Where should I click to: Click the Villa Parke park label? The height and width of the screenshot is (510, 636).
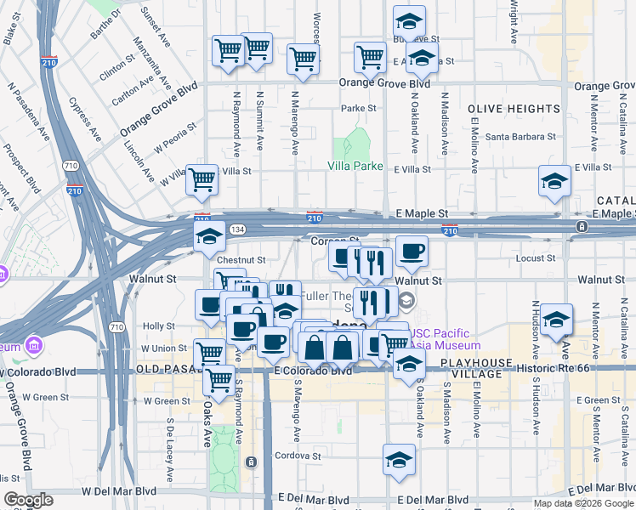(x=355, y=167)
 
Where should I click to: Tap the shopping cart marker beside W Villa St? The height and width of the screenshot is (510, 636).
(x=202, y=180)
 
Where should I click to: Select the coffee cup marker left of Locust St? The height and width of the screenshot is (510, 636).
(x=412, y=252)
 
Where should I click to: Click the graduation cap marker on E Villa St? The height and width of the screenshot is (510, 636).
(x=554, y=182)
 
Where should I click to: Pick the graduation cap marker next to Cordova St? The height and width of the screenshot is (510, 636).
(x=398, y=460)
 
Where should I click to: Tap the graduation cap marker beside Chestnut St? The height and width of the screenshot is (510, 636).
(x=209, y=237)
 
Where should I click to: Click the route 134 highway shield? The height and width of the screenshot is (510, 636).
(x=241, y=229)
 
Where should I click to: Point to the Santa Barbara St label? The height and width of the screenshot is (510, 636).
(x=520, y=136)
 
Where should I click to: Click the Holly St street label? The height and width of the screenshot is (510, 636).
(x=158, y=326)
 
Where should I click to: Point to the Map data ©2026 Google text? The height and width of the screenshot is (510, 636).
(x=582, y=503)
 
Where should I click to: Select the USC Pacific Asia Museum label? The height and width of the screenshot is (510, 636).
(x=446, y=340)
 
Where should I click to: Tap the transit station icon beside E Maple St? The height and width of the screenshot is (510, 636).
(x=582, y=226)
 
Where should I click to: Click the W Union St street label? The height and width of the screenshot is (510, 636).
(x=163, y=348)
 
